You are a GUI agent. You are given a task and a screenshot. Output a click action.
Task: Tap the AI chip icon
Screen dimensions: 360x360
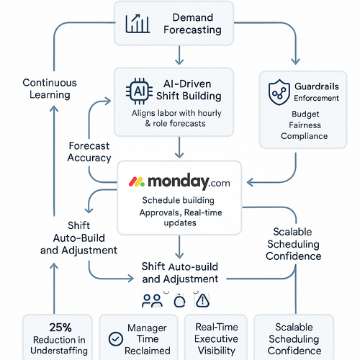pos(139,91)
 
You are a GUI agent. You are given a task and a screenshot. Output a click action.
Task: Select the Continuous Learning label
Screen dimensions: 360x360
pos(46,89)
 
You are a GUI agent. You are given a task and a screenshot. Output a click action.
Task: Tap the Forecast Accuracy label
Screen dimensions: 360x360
pos(89,151)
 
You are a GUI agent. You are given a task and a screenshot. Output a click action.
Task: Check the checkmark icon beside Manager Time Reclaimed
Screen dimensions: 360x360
pos(114,338)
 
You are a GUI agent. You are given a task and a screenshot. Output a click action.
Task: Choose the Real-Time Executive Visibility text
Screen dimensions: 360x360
pos(215,338)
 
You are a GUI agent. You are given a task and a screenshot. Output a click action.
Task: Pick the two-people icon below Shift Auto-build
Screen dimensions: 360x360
pos(153,299)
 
